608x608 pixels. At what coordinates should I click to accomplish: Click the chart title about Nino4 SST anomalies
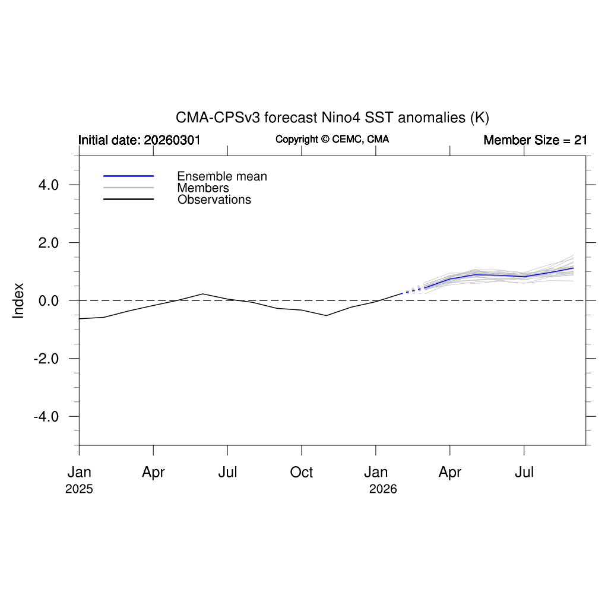(332, 117)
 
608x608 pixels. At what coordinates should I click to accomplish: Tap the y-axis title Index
(19, 300)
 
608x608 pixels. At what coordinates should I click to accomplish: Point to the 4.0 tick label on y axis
(46, 185)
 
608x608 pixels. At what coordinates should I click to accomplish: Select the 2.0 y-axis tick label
(46, 243)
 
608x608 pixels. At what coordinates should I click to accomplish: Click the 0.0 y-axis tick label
(46, 301)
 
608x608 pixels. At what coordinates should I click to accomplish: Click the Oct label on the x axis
(301, 473)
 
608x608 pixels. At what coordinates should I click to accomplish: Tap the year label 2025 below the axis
(79, 490)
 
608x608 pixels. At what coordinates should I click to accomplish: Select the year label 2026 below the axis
(383, 490)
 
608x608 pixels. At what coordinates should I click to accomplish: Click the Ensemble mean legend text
(222, 176)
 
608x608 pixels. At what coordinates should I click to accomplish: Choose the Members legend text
(203, 188)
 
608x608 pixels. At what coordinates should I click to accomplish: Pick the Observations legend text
(214, 199)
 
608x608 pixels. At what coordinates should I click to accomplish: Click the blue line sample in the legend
(128, 176)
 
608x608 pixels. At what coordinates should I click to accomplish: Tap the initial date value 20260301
(172, 140)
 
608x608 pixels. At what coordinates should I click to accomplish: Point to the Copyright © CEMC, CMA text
(332, 139)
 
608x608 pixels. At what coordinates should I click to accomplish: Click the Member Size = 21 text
(535, 140)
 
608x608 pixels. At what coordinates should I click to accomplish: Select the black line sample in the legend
(128, 199)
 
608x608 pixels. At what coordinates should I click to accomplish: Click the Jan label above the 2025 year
(79, 473)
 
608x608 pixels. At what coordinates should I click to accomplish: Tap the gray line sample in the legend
(128, 188)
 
